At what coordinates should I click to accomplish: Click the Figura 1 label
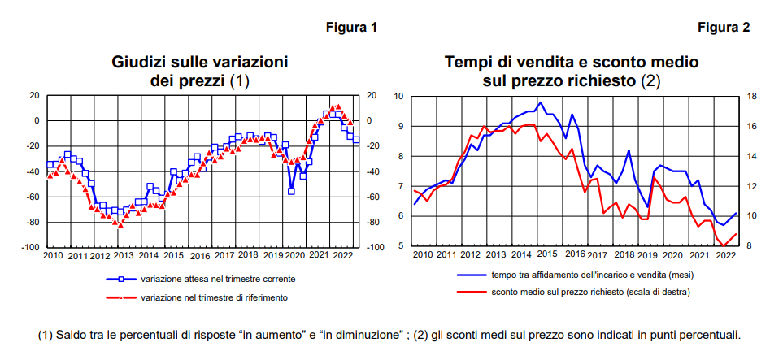click(x=351, y=28)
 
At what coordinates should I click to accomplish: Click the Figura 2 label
click(x=724, y=28)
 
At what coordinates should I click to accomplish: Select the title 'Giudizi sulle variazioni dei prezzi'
click(x=200, y=71)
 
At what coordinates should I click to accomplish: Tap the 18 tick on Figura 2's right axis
click(x=751, y=97)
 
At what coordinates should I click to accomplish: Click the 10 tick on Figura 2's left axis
click(x=398, y=97)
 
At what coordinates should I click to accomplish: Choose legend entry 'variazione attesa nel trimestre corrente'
click(x=217, y=279)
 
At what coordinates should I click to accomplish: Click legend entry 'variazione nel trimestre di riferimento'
click(x=214, y=297)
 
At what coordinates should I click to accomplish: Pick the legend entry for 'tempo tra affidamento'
click(x=591, y=275)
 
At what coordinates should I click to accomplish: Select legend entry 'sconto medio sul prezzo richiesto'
click(x=589, y=291)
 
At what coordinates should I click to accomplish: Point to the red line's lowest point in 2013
click(x=120, y=224)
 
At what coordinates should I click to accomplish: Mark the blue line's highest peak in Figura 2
click(x=540, y=102)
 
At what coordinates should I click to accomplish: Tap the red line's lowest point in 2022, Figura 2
click(x=723, y=245)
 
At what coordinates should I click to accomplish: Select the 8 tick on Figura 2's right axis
click(x=750, y=246)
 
